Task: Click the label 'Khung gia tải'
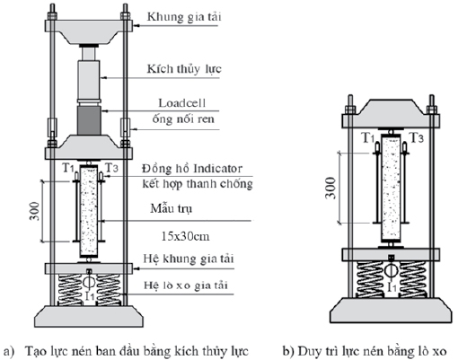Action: coord(184,17)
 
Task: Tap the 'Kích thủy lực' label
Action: coord(184,69)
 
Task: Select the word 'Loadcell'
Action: coord(181,103)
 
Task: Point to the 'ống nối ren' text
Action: coord(183,119)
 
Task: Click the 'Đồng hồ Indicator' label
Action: coord(192,169)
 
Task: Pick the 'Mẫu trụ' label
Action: coord(171,208)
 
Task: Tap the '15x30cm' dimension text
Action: coord(185,237)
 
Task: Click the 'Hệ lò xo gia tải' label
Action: coord(186,285)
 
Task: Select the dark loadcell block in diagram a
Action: coord(89,120)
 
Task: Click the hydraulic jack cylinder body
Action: coord(89,81)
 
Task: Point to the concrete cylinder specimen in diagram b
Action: coord(391,189)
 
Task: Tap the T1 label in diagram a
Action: coord(68,168)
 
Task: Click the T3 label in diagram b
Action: coord(417,138)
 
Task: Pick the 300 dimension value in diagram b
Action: coord(330,188)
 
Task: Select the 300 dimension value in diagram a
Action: coord(34,212)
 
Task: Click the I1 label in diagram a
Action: coord(90,296)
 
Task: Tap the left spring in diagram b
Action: coord(370,279)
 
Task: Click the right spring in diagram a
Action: coord(110,290)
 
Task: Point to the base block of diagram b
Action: coord(391,311)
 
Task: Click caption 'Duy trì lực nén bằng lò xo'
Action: coord(365,351)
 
